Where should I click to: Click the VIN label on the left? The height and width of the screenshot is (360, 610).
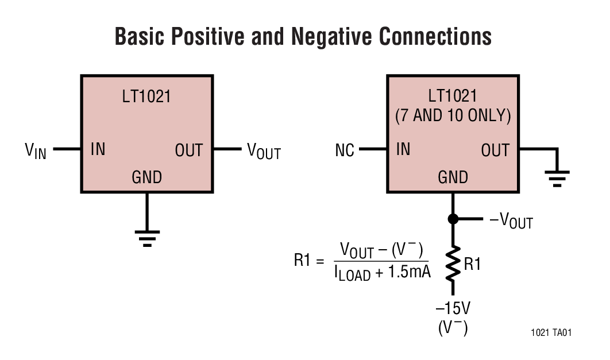tap(36, 150)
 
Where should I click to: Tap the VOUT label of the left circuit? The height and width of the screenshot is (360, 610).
tap(264, 151)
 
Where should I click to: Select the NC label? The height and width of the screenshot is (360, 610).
tap(345, 151)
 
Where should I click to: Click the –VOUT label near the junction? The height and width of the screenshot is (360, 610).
tap(510, 220)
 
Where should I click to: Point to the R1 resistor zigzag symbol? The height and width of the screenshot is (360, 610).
tap(453, 264)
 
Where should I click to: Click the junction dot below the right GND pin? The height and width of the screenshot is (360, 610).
tap(453, 219)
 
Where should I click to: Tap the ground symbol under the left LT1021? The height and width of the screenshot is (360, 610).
tap(147, 237)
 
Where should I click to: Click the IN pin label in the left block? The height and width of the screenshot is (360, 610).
tap(98, 150)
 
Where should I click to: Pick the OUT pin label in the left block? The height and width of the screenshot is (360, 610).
tap(189, 150)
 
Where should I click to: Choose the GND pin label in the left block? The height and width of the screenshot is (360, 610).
tap(147, 177)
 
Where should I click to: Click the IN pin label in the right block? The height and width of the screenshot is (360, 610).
tap(403, 150)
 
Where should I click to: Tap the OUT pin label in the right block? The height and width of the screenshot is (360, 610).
tap(495, 150)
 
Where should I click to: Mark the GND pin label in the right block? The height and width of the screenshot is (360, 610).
tap(453, 177)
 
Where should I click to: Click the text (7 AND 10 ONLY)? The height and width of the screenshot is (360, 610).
tap(453, 115)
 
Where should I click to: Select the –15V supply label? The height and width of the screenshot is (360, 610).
tap(453, 308)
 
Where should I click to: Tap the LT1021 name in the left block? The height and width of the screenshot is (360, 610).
tap(146, 96)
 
